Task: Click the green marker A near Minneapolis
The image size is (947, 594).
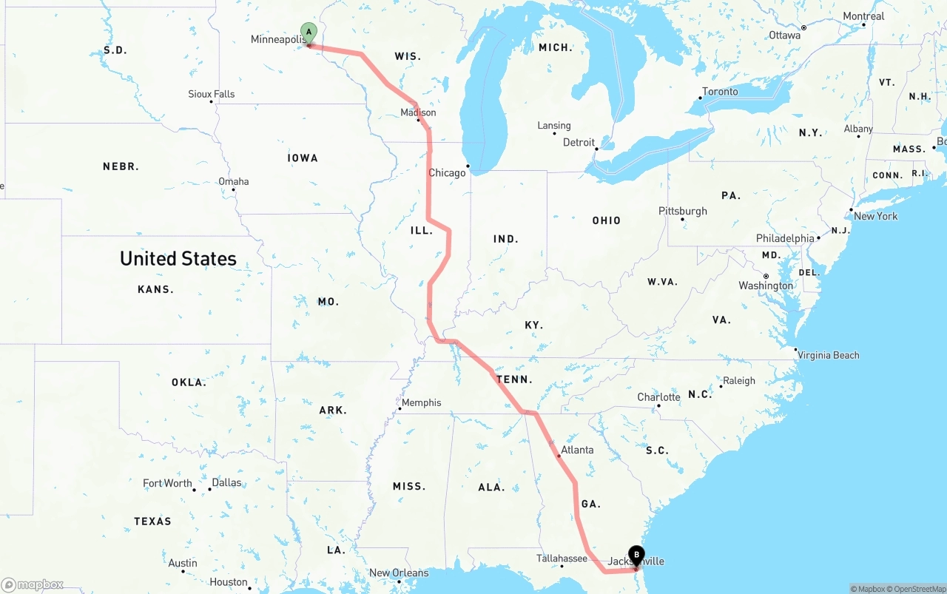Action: click(x=309, y=33)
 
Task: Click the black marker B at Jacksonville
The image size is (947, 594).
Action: click(x=636, y=556)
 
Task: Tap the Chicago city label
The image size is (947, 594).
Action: click(x=447, y=173)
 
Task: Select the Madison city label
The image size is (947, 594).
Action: click(x=418, y=112)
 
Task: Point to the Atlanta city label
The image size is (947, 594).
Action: click(x=576, y=450)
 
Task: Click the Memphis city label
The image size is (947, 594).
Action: click(x=421, y=403)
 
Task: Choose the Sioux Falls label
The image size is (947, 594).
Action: click(x=211, y=94)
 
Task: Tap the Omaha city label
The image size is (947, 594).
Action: click(x=233, y=181)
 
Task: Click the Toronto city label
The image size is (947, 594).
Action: click(x=720, y=92)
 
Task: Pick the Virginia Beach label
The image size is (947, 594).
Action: click(x=828, y=355)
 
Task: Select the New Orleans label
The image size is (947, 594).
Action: click(x=398, y=573)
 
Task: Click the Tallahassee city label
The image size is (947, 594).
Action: click(x=562, y=558)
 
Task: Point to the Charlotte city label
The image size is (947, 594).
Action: click(x=658, y=397)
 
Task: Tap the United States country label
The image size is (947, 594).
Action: click(x=178, y=258)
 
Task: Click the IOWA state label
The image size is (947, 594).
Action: click(x=303, y=158)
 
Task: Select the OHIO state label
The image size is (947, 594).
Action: click(x=606, y=220)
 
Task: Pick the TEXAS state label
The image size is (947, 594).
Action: click(x=152, y=522)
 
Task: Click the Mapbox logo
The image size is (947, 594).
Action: click(x=33, y=585)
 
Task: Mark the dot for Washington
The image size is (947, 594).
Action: click(x=766, y=277)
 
